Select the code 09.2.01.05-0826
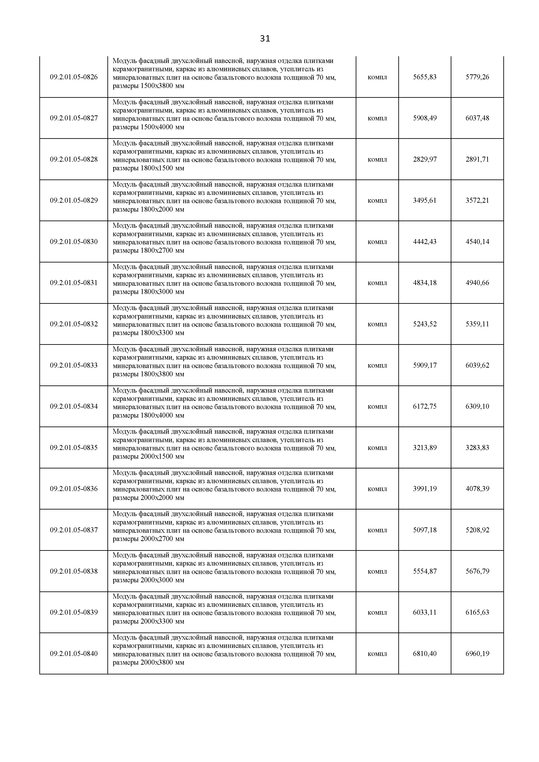pyautogui.click(x=74, y=77)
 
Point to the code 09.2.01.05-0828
pyautogui.click(x=74, y=159)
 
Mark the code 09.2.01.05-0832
pyautogui.click(x=74, y=324)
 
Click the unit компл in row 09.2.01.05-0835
pyautogui.click(x=377, y=448)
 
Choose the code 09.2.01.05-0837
pyautogui.click(x=74, y=530)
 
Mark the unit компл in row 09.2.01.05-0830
pyautogui.click(x=377, y=242)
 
